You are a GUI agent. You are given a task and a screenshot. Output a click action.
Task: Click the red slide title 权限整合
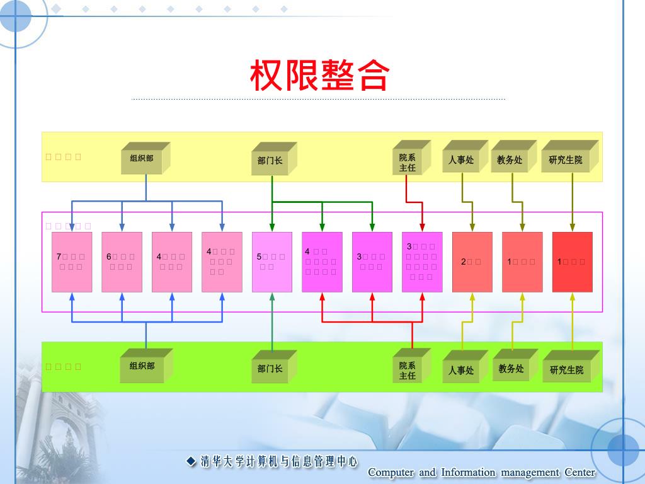click(319, 76)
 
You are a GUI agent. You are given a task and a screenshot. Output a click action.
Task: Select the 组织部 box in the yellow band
click(142, 159)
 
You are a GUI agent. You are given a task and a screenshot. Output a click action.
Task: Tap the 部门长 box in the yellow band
click(271, 160)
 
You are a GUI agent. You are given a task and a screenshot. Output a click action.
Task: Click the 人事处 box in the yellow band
click(462, 160)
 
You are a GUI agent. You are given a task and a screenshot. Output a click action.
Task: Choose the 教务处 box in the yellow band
click(510, 160)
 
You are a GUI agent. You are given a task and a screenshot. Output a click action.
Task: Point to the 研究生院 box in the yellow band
click(566, 160)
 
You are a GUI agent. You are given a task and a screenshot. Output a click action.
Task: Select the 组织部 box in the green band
click(142, 367)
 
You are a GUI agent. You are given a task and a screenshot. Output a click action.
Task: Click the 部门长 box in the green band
click(271, 369)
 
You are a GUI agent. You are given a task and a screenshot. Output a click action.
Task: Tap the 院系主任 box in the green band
click(408, 370)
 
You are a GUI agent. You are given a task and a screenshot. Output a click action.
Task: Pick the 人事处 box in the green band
click(462, 370)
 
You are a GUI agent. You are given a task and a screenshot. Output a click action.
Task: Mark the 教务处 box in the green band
click(511, 369)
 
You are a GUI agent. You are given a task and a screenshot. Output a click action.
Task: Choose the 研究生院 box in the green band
click(567, 370)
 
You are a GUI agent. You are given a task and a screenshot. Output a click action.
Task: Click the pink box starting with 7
click(72, 262)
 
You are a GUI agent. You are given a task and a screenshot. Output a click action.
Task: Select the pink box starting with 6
click(122, 262)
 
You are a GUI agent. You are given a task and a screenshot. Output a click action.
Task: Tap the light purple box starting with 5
click(272, 262)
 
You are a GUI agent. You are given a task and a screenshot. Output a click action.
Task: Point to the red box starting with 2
click(472, 262)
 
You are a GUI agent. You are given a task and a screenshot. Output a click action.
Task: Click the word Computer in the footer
click(391, 473)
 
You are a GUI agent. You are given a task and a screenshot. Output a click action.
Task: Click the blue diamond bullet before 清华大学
click(191, 461)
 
